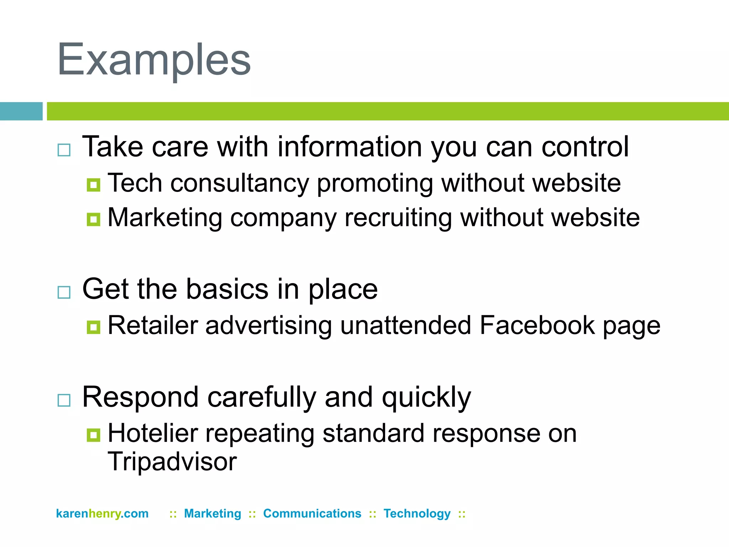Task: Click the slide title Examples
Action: point(154,60)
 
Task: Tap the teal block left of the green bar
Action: point(21,111)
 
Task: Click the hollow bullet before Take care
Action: point(64,150)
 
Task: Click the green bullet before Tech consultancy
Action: point(94,185)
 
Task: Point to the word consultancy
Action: point(240,183)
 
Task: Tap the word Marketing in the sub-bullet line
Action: point(165,218)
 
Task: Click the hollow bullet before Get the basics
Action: point(64,292)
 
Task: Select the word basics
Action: point(227,289)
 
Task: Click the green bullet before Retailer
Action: point(94,327)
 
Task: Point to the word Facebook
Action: point(537,325)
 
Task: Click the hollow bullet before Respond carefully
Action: point(64,400)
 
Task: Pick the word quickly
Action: point(426,397)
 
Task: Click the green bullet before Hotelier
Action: point(94,435)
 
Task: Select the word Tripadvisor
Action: point(172,462)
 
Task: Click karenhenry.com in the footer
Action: point(102,514)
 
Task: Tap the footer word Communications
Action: point(312,514)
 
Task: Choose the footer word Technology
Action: point(417,514)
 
